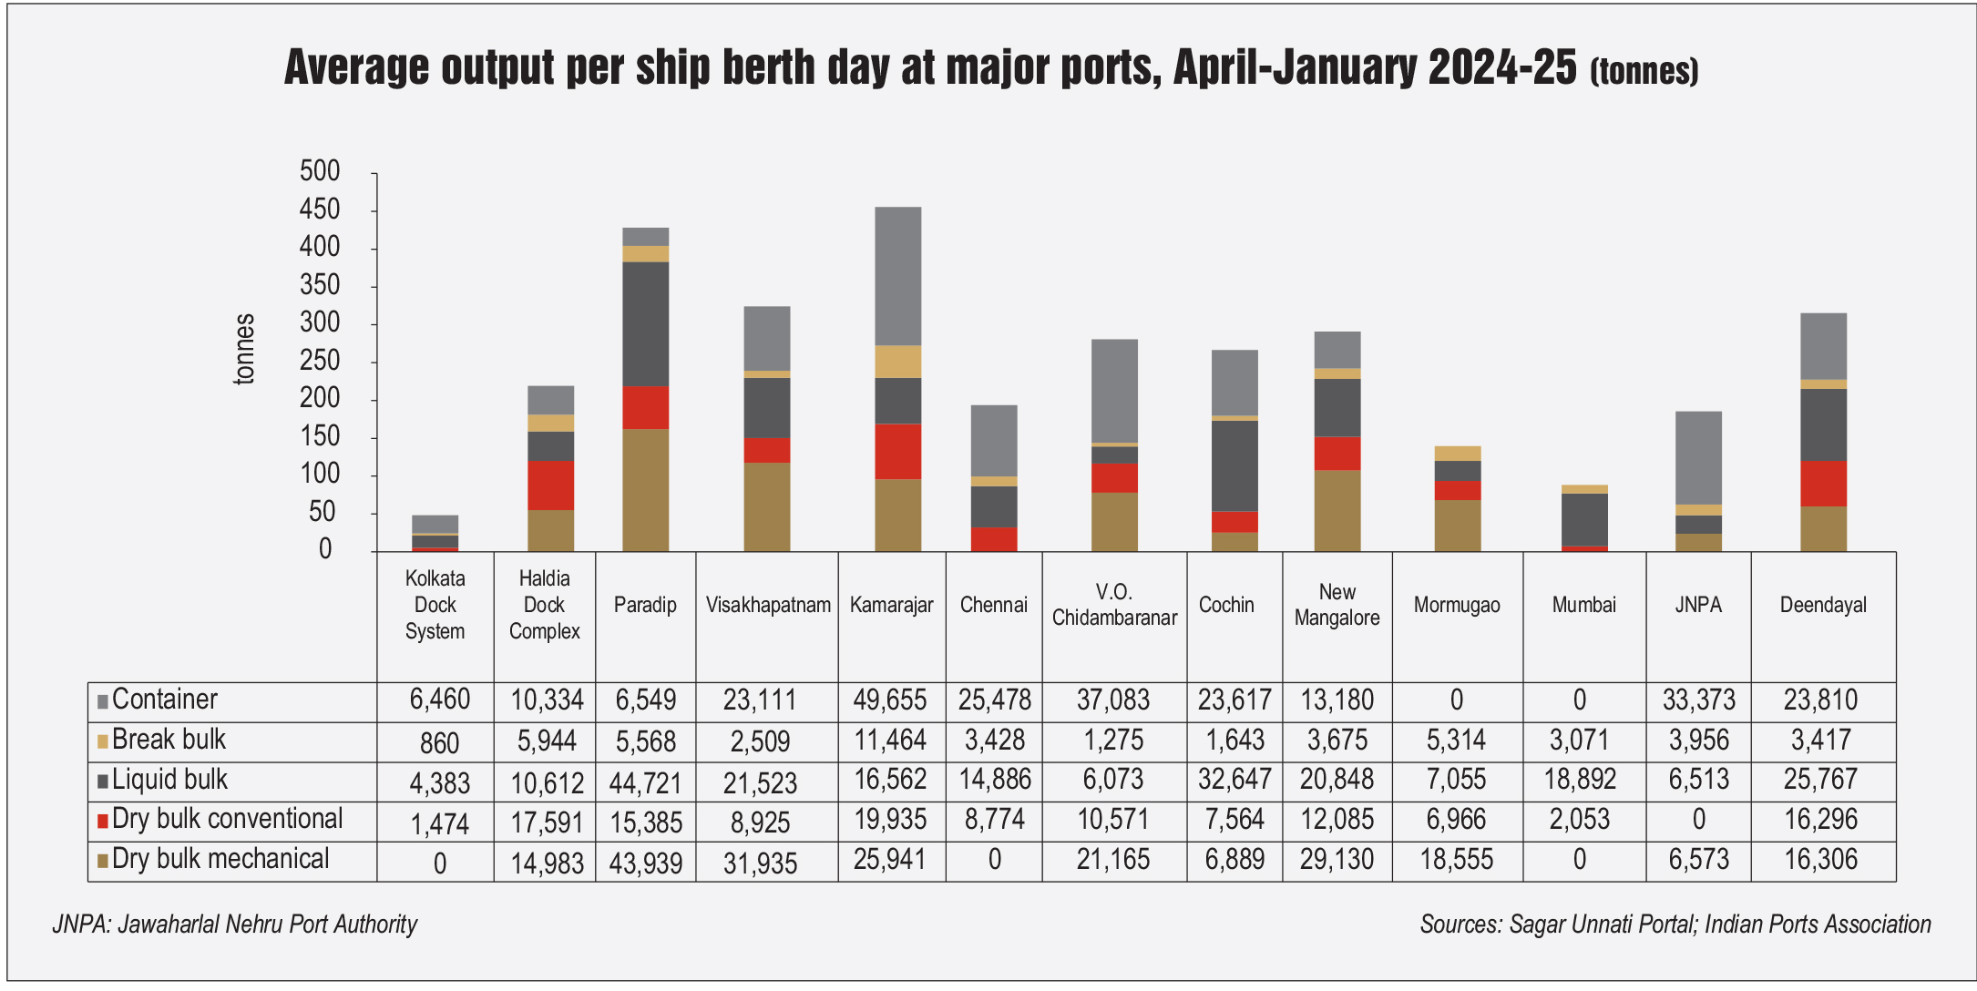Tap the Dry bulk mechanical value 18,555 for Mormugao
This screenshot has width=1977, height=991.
1456,860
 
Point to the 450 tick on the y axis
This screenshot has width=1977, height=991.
320,209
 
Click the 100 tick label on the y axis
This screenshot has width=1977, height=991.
320,474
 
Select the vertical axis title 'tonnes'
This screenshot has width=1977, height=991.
244,349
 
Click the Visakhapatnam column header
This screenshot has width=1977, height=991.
767,605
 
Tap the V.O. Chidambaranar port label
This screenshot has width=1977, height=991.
1114,605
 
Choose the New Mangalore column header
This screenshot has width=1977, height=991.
1337,605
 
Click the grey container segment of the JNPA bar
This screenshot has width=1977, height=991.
1698,457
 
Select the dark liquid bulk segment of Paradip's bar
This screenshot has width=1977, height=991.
645,323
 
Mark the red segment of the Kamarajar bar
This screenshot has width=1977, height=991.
897,451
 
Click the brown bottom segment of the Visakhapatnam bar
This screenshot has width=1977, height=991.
767,506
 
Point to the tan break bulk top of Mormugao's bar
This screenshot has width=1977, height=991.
1457,453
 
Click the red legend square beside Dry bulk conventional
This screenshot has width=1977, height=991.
103,821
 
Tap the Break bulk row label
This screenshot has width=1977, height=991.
169,740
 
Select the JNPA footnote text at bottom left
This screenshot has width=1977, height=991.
234,924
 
